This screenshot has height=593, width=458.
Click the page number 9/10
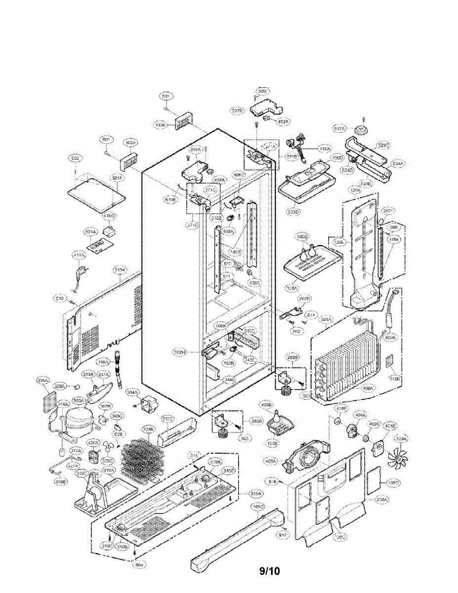pyautogui.click(x=270, y=571)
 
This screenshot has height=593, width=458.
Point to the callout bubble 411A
pyautogui.click(x=79, y=255)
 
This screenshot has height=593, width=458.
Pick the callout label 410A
pyautogui.click(x=325, y=148)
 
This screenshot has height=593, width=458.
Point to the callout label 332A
pyautogui.click(x=382, y=500)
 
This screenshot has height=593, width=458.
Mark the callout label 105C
pyautogui.click(x=258, y=507)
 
